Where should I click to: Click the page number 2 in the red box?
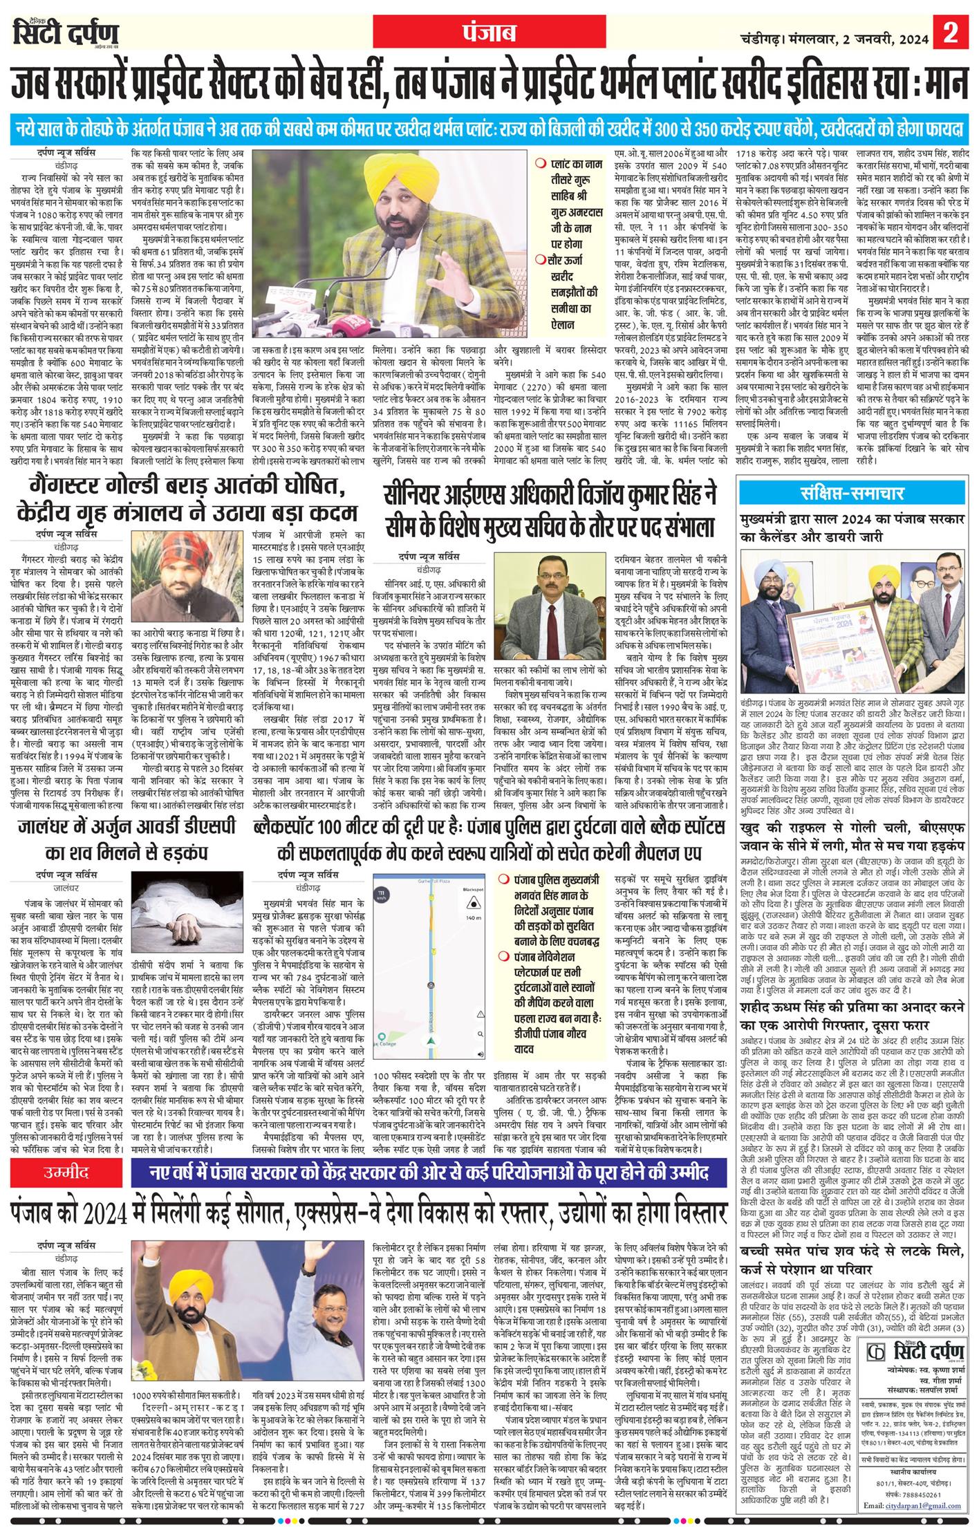pyautogui.click(x=956, y=32)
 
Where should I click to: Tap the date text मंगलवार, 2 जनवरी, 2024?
pyautogui.click(x=857, y=32)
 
